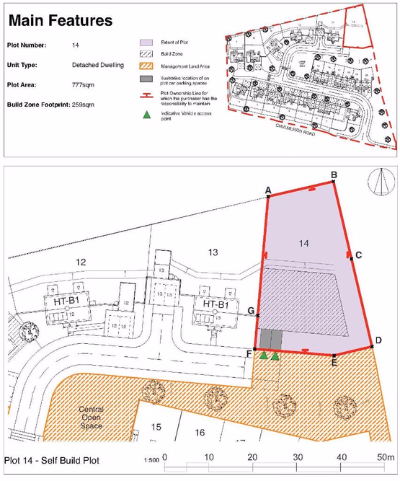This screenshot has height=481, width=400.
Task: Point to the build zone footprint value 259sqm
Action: point(109,105)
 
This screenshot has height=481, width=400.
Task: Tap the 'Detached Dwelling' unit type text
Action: point(98,65)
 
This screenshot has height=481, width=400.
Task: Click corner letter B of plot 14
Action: point(334,175)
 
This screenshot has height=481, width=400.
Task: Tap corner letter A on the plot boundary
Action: point(268,190)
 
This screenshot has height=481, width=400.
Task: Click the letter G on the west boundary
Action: point(251,312)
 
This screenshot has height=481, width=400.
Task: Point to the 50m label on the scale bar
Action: point(386,458)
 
